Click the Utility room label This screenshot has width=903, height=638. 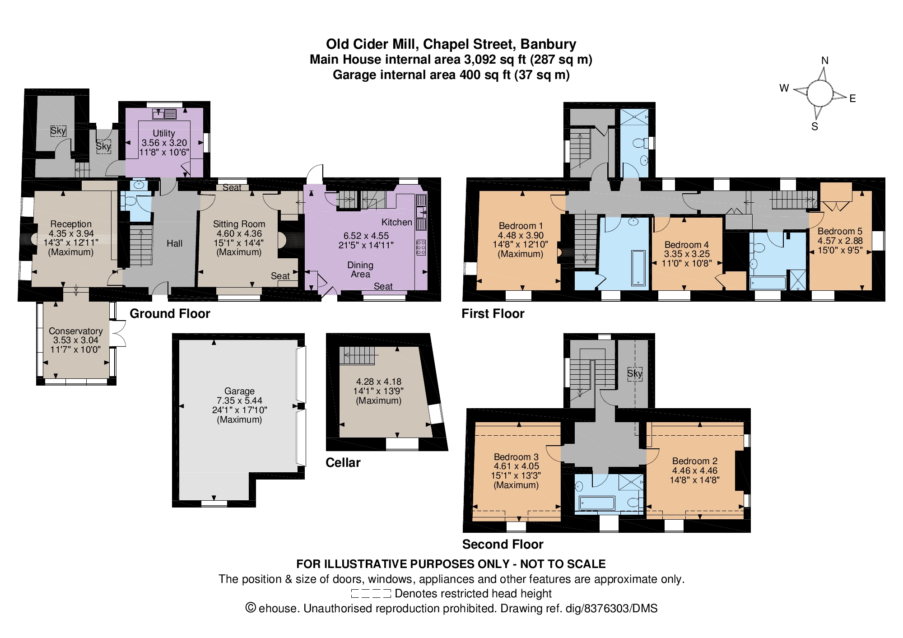pos(163,133)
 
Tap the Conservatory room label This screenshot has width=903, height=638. pos(76,331)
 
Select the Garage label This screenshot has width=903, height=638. pos(239,391)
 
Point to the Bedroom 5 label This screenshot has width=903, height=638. pos(840,231)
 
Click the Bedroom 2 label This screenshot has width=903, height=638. pos(695,461)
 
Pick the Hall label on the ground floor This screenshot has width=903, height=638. pos(174,243)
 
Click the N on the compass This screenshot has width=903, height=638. pos(825,61)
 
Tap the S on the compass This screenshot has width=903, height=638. pos(815,126)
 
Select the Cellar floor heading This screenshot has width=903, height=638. pos(343,462)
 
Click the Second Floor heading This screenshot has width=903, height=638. pos(503,544)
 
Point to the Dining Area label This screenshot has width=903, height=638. pos(360,270)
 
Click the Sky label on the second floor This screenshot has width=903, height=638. pos(634,373)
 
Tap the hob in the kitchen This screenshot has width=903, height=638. pos(421,247)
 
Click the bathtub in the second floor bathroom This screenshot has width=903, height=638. pos(597,503)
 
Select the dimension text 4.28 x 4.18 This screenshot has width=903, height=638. pos(378,382)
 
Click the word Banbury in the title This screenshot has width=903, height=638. pos(548,44)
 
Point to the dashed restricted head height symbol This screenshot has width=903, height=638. pos(371,593)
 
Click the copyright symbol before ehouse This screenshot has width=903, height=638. pos(251,608)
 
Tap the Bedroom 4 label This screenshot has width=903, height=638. pos(686,245)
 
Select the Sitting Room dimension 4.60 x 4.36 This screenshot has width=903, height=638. pos(239,233)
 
